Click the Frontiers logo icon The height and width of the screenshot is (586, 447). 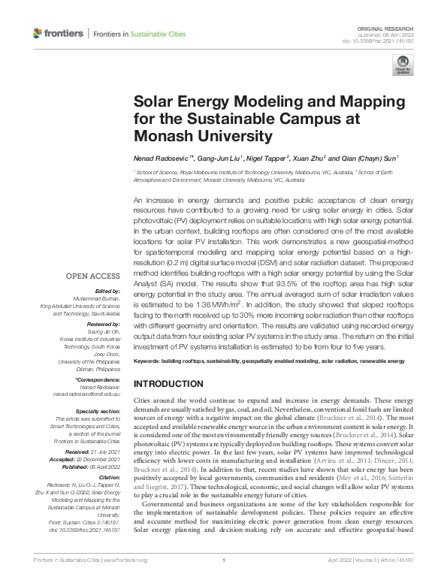(38, 34)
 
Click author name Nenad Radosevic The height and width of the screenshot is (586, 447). (159, 159)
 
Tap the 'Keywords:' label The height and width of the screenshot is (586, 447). (149, 362)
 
